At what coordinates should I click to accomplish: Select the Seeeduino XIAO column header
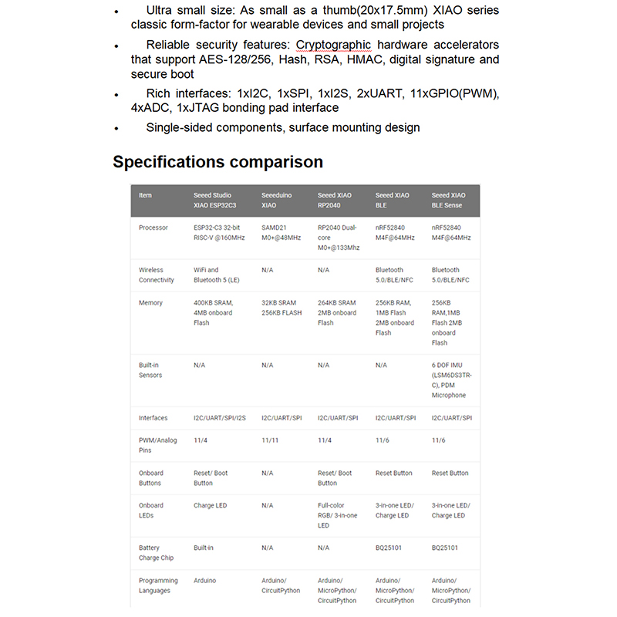(x=278, y=201)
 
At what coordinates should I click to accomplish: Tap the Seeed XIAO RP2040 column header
(x=335, y=201)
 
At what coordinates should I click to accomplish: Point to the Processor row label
(x=153, y=228)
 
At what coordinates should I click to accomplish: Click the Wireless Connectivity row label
(x=157, y=275)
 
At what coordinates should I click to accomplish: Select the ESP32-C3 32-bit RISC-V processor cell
(x=219, y=232)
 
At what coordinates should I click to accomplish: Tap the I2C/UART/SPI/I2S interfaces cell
(x=219, y=418)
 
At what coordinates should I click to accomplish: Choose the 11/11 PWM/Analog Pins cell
(x=270, y=440)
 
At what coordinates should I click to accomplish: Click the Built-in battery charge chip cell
(x=204, y=548)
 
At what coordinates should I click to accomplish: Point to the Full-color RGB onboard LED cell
(x=337, y=515)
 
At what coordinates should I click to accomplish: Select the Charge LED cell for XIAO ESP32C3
(x=210, y=505)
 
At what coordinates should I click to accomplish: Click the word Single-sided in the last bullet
(x=181, y=127)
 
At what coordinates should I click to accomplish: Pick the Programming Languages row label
(x=158, y=585)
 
